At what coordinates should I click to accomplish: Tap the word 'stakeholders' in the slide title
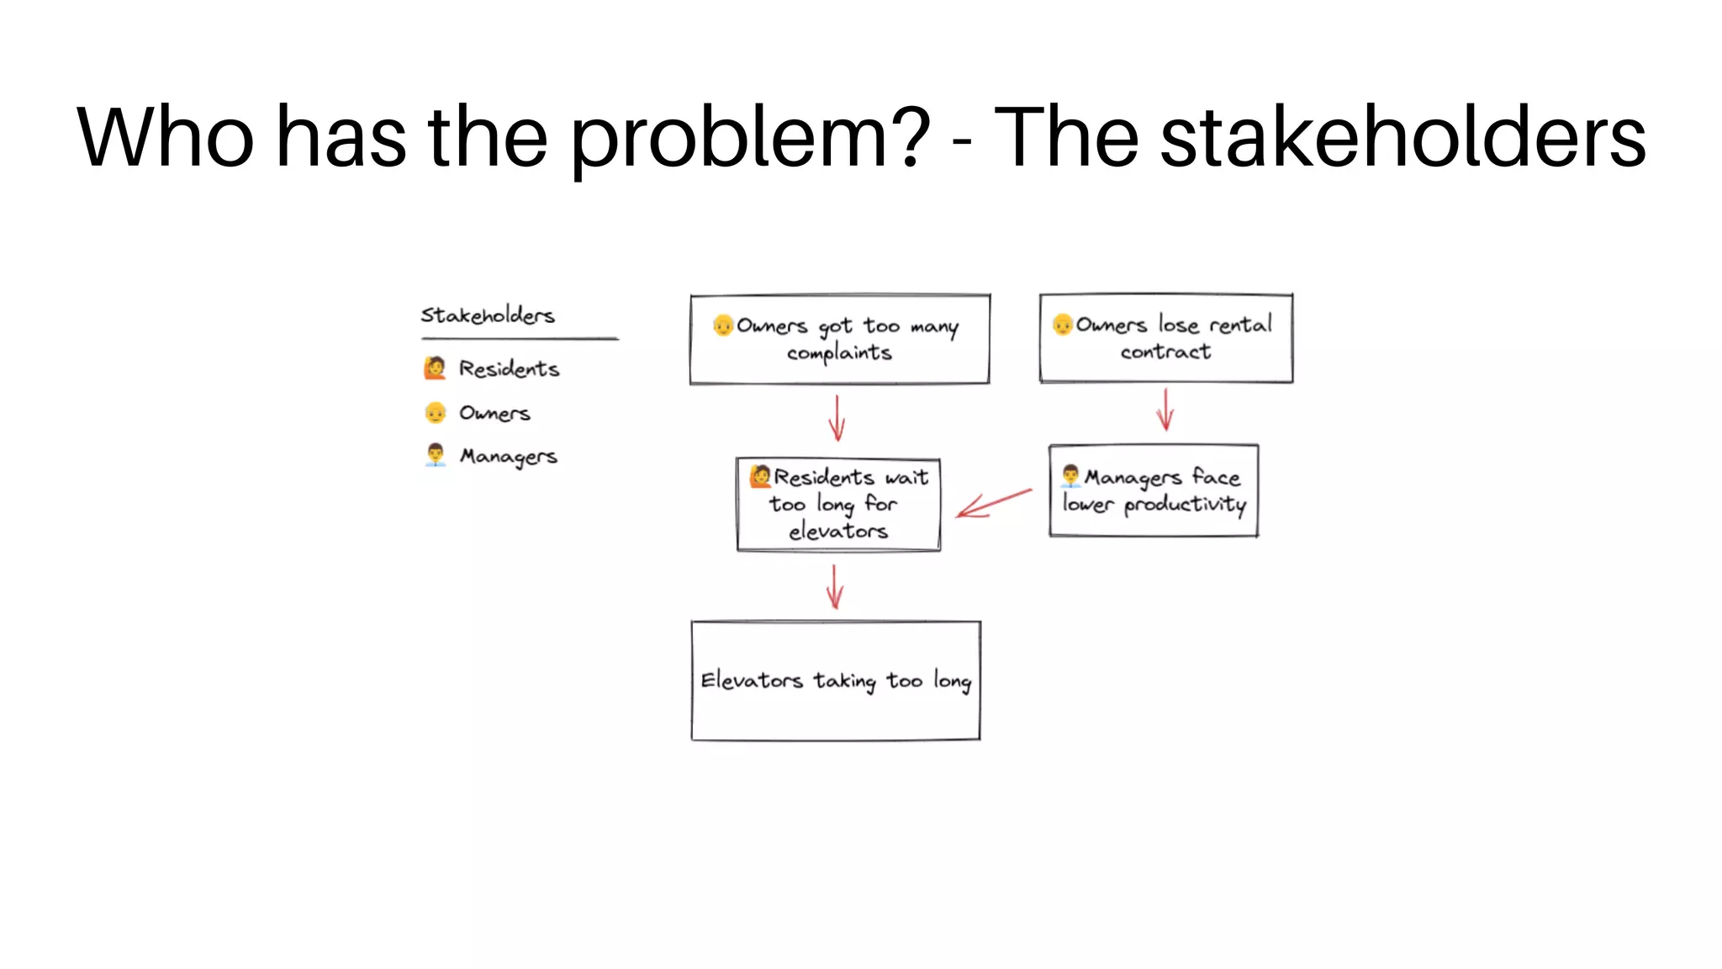[x=1402, y=137]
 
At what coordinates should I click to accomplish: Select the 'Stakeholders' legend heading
[x=488, y=315]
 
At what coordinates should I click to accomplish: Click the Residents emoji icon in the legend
[x=435, y=368]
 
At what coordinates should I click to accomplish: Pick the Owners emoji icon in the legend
[x=435, y=412]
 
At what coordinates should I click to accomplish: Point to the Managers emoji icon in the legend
[x=435, y=455]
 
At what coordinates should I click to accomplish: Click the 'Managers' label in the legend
[x=508, y=456]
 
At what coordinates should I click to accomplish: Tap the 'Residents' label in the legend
[x=509, y=368]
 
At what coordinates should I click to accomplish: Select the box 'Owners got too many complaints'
[x=839, y=339]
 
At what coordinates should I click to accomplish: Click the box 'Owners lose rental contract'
[x=1165, y=338]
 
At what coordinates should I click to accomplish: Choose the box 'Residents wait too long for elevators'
[x=838, y=505]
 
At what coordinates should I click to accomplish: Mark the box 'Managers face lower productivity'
[x=1153, y=490]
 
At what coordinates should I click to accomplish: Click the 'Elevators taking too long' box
[x=836, y=680]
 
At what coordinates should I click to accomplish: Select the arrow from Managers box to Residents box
[x=994, y=503]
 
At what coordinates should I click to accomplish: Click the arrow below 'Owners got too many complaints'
[x=837, y=417]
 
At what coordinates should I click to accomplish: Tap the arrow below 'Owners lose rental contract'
[x=1165, y=410]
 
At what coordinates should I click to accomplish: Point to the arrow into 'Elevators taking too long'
[x=834, y=586]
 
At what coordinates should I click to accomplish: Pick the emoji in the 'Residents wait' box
[x=760, y=476]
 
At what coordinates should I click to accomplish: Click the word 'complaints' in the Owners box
[x=839, y=353]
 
